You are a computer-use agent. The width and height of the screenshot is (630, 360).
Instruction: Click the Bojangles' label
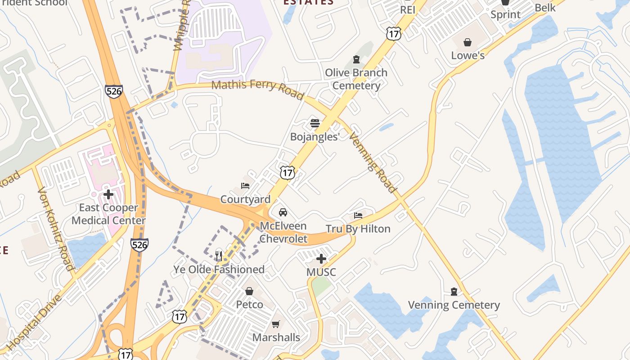click(x=315, y=137)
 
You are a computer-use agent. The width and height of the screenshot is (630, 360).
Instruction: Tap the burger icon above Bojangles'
click(x=315, y=123)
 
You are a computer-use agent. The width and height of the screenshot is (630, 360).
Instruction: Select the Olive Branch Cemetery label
click(x=356, y=79)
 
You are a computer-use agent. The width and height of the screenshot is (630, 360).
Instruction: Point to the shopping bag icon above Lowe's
click(x=468, y=42)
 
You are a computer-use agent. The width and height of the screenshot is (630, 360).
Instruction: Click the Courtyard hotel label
click(x=245, y=199)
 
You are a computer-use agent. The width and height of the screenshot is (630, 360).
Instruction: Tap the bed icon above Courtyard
click(x=245, y=185)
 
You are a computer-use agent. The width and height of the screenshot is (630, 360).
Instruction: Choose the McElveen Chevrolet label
click(x=283, y=232)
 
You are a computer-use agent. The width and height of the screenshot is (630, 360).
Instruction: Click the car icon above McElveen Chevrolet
click(x=283, y=212)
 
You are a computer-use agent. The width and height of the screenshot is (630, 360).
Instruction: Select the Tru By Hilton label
click(x=358, y=229)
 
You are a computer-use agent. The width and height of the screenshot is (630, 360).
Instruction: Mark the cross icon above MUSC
click(x=321, y=259)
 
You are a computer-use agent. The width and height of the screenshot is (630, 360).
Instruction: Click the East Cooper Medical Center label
click(x=108, y=214)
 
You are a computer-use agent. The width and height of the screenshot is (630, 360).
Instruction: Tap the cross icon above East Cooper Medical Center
click(x=108, y=194)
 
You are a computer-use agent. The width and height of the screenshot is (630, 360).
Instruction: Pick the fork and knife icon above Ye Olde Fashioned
click(x=219, y=256)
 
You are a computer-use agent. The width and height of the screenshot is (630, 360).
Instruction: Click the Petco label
click(x=250, y=305)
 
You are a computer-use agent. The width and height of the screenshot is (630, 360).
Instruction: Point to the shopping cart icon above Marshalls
click(x=276, y=324)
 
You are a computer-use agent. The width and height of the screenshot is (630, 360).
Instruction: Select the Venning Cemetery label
click(x=454, y=305)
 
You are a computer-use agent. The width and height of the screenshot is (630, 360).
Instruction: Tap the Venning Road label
click(x=373, y=162)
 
